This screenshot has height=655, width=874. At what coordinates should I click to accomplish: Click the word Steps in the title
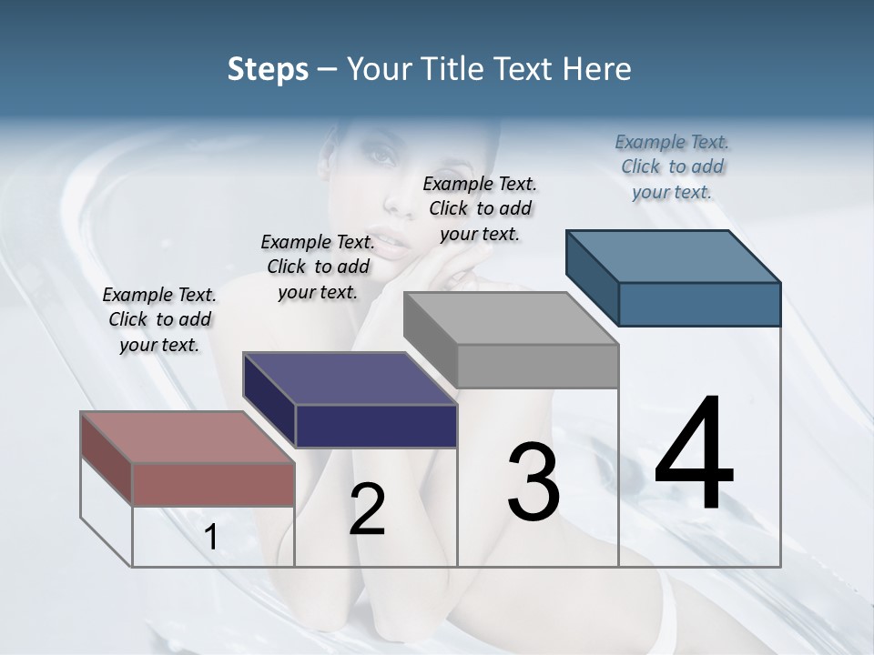click(x=268, y=69)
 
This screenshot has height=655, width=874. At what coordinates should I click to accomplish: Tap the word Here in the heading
click(x=597, y=69)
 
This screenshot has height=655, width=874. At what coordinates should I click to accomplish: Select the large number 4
click(x=695, y=454)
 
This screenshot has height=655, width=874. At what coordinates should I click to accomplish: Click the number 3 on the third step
click(x=534, y=482)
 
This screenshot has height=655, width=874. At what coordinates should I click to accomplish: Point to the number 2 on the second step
click(x=367, y=509)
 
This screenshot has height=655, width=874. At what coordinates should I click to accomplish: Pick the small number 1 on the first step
click(x=210, y=538)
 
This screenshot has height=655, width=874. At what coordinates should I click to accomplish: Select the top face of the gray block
click(x=511, y=318)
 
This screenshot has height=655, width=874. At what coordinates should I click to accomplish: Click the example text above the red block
click(x=159, y=319)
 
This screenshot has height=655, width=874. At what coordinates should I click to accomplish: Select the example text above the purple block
click(x=318, y=267)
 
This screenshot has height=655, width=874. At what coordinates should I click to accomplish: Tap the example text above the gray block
click(x=480, y=208)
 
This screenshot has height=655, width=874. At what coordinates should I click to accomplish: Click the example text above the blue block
click(x=672, y=166)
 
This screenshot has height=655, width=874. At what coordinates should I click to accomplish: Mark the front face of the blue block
click(x=699, y=304)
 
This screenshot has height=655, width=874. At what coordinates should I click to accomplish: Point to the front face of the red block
click(x=213, y=484)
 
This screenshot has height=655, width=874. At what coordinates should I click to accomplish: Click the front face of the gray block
click(x=537, y=366)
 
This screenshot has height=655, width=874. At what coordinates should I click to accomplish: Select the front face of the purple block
click(x=375, y=426)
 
